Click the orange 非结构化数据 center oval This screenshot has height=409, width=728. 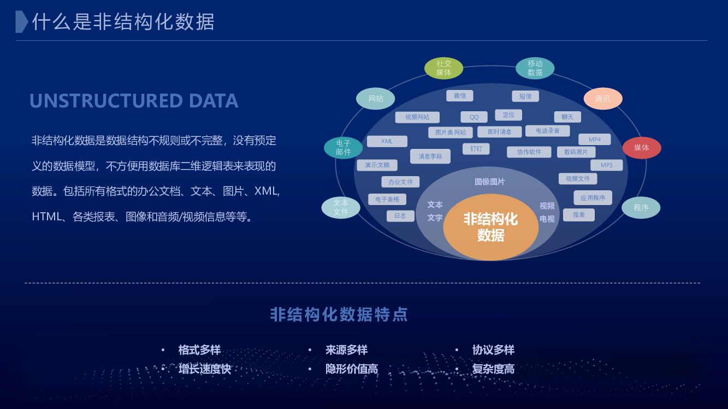point(490,227)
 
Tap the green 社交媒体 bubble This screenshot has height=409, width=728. point(443,68)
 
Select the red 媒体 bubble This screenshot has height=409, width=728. point(642,148)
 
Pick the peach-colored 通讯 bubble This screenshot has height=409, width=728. point(603,99)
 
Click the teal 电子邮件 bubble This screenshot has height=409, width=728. point(343,148)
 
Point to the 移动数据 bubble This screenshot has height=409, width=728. point(535,68)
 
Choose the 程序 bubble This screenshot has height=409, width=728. point(641,208)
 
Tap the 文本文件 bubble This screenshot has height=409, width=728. point(341,207)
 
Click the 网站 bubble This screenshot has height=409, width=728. point(376,99)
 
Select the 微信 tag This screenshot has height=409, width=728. point(460,96)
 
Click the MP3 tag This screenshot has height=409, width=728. point(606,165)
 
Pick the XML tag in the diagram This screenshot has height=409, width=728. point(387,141)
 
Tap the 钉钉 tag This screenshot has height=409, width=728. point(476,149)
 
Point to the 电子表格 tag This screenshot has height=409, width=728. point(387,200)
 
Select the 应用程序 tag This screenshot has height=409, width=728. point(593,198)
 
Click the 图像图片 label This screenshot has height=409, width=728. point(489,182)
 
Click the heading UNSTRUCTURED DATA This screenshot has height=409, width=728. point(134,101)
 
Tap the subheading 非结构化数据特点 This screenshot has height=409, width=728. point(339,315)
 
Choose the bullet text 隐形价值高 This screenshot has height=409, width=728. point(352,369)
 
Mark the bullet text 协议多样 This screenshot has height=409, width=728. point(493,350)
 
